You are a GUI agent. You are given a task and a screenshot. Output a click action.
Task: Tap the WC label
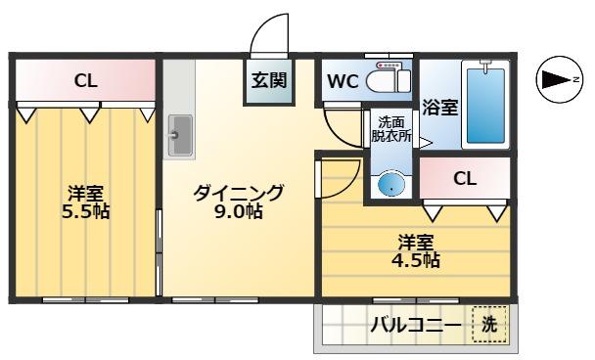pyautogui.click(x=343, y=81)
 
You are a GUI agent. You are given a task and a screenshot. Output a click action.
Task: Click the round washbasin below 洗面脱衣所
pyautogui.click(x=390, y=184)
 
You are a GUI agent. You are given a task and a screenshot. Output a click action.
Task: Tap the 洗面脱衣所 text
pyautogui.click(x=392, y=130)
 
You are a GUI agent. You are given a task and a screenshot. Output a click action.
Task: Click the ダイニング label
pyautogui.click(x=239, y=192)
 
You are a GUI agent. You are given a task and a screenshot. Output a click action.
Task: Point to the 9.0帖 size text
pyautogui.click(x=239, y=211)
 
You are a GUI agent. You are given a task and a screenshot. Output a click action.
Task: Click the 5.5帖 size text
pyautogui.click(x=87, y=211)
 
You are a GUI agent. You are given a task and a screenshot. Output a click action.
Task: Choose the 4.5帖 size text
pyautogui.click(x=417, y=260)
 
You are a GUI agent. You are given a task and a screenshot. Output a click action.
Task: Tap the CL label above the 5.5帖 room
pyautogui.click(x=86, y=82)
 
